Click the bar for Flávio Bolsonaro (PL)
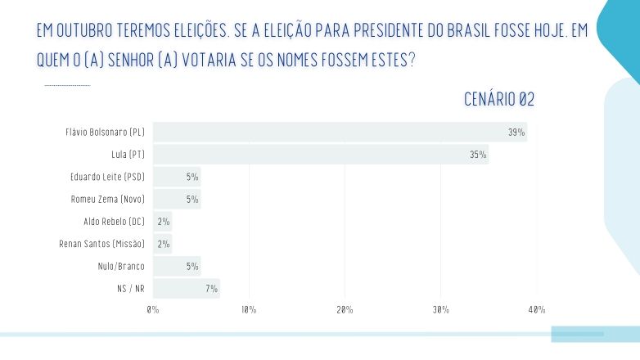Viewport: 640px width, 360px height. pos(340,132)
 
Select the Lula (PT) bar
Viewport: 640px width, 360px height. pos(321,154)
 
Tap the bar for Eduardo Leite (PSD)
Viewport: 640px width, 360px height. pos(177,177)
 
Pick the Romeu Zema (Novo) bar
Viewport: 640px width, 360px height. pos(177,199)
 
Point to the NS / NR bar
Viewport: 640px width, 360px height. pos(187,288)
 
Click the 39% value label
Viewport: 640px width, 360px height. pos(516,132)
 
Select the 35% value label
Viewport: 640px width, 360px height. pos(478,154)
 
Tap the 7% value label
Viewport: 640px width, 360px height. pos(211,288)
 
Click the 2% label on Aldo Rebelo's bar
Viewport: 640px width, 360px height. pos(163,222)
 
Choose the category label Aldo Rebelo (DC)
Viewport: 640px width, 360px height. pos(114,222)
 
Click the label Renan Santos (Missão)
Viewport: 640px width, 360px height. pos(101,244)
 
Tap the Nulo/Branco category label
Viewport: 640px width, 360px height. pos(120,266)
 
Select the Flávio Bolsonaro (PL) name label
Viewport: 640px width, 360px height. pos(105,132)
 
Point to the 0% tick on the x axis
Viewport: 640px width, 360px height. pos(153,310)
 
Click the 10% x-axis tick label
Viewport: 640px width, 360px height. pos(249,310)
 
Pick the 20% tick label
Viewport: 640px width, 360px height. pos(345,310)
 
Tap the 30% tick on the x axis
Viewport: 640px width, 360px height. pos(441,310)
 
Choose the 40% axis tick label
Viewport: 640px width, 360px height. pos(537,310)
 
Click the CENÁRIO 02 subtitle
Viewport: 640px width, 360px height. pos(499,100)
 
